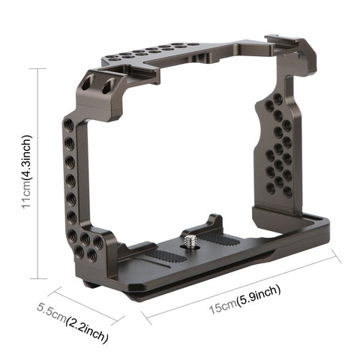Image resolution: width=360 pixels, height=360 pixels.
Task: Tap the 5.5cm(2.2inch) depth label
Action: click(74, 316)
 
